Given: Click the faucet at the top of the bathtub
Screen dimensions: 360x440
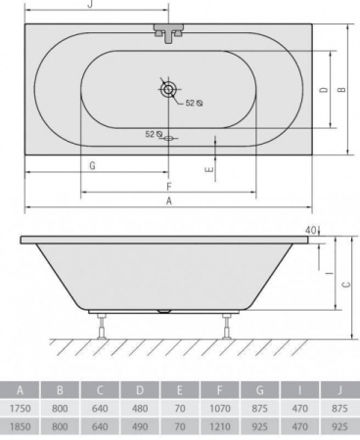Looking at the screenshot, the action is coord(168,32).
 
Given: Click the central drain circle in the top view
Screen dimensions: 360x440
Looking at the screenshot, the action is coord(168,89).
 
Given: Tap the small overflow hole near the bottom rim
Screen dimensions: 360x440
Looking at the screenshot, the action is coord(168,138).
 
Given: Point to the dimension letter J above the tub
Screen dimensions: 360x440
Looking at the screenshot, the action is coord(91,4).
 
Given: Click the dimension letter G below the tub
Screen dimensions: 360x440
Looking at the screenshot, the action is coord(92,166).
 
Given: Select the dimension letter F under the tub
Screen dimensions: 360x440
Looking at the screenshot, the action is coord(169,187).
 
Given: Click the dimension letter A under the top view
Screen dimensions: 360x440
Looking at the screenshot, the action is coord(168,200).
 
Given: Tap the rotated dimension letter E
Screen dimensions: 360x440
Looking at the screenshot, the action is coord(210,169).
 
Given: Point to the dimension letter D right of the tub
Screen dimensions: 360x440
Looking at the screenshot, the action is coord(324,90).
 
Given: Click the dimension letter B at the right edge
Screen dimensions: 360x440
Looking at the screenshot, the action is coord(341,89).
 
